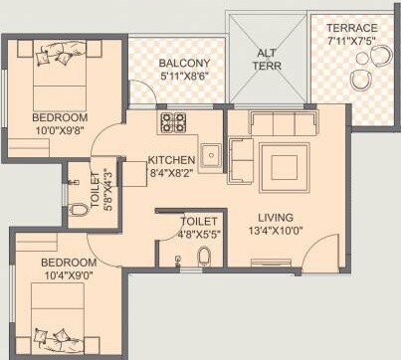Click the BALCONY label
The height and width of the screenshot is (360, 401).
point(184,64)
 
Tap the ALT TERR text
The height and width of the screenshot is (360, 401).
point(266,61)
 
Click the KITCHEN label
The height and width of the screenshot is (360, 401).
point(170,160)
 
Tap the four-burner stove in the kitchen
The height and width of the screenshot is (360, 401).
point(173,124)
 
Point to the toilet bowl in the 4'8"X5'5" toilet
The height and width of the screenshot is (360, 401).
point(203,257)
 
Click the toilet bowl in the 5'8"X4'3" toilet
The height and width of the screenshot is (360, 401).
point(79,210)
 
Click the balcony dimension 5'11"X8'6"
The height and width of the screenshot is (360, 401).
point(184,78)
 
